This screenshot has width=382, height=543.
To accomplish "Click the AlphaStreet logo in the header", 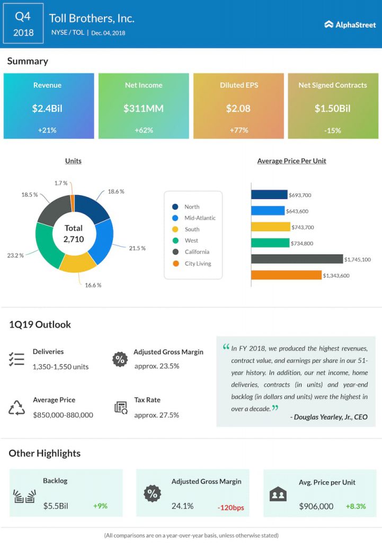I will (350, 24).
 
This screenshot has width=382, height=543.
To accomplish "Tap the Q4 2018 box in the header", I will (23, 24).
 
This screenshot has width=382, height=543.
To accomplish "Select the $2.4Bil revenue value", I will (48, 109).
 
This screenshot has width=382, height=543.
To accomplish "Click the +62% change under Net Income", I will (144, 130).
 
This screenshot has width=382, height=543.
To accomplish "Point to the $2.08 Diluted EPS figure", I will (238, 109).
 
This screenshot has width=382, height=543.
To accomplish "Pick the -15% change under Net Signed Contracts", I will (333, 130).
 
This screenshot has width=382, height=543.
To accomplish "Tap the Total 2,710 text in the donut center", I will (74, 233).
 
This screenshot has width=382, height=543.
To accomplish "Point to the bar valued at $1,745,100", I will (297, 259).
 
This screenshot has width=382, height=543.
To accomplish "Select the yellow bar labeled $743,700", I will (270, 227).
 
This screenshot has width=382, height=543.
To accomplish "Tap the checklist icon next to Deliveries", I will (16, 359).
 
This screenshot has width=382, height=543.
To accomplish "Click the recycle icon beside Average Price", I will (16, 408).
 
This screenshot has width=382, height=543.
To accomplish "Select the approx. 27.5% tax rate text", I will (156, 415).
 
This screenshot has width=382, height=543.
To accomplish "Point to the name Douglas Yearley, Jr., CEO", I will (328, 417).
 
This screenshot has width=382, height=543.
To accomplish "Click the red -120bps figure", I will (230, 507).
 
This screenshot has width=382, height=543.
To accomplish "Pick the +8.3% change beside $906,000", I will (356, 506).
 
